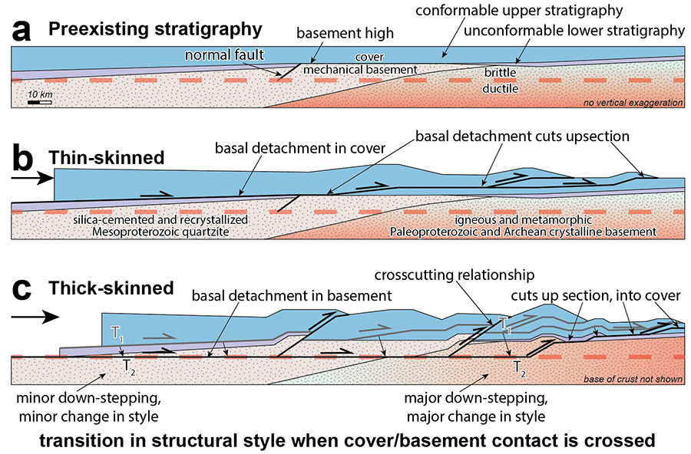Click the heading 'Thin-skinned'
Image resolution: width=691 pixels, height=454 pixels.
(107, 157)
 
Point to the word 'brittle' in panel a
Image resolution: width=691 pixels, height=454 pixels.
(500, 72)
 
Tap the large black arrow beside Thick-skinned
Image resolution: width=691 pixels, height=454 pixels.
(35, 314)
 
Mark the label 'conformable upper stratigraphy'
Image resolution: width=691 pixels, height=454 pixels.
(521, 10)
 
